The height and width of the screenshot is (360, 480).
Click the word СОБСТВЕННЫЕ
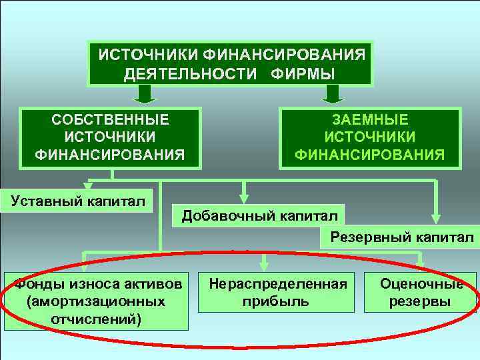pyautogui.click(x=111, y=120)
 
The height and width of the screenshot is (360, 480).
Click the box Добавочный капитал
pyautogui.click(x=259, y=215)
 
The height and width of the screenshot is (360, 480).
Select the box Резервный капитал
pyautogui.click(x=397, y=237)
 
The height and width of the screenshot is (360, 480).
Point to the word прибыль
pyautogui.click(x=278, y=301)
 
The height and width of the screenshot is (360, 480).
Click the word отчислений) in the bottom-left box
pyautogui.click(x=95, y=318)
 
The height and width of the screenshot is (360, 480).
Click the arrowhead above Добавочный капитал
pyautogui.click(x=245, y=197)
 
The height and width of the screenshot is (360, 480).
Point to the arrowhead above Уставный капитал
pyautogui.click(x=87, y=186)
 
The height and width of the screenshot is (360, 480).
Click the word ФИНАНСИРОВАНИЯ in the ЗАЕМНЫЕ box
pyautogui.click(x=369, y=155)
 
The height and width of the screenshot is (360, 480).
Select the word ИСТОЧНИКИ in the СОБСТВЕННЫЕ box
pyautogui.click(x=111, y=137)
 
